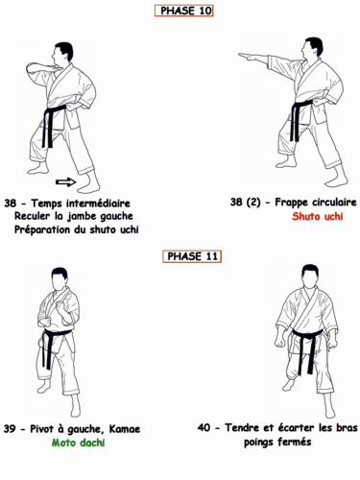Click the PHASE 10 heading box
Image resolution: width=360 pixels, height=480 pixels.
[x=184, y=11]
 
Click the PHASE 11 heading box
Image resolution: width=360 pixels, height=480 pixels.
[x=184, y=256]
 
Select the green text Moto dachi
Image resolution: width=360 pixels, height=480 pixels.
[x=78, y=443]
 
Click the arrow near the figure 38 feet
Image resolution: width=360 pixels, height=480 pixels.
[x=65, y=180]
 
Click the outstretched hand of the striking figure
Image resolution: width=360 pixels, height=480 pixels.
[x=247, y=56]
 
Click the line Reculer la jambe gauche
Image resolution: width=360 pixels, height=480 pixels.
[x=74, y=217]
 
